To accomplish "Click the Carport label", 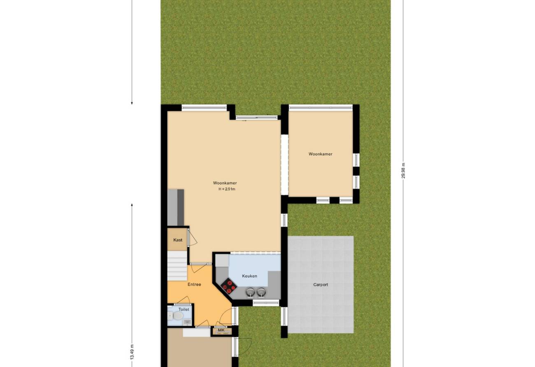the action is [x=321, y=285].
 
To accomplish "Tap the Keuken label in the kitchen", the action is [x=249, y=276].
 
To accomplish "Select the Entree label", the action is [x=194, y=285].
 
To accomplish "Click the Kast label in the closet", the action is [x=178, y=240].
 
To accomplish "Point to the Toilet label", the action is [x=184, y=309].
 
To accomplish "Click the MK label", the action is [x=221, y=330].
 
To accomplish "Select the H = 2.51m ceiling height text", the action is [x=227, y=189].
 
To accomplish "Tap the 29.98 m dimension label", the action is [x=403, y=171].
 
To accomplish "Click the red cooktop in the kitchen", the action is [x=228, y=287].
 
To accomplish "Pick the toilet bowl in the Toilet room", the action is [x=178, y=316].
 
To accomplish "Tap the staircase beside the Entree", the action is [x=177, y=266].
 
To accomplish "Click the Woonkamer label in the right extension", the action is [x=321, y=154].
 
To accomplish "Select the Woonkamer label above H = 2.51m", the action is [x=225, y=183].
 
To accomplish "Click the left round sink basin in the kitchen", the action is [x=250, y=292].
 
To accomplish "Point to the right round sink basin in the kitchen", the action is [x=261, y=292].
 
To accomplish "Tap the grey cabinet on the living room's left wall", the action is [x=176, y=207].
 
